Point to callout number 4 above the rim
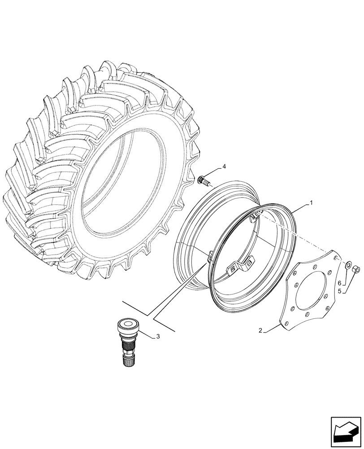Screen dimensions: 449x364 224,167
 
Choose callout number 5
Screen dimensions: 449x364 340,291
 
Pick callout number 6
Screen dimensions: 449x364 340,283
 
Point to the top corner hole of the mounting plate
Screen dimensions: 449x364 336,257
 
